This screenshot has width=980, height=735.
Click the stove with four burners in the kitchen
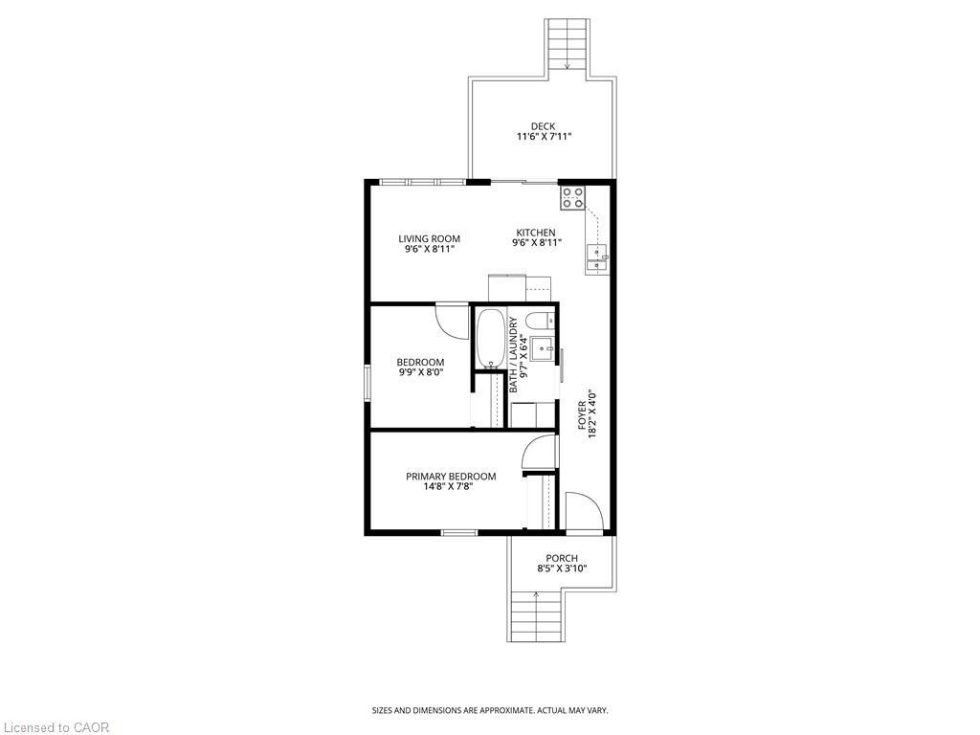572,198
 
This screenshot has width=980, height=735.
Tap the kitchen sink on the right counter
597,253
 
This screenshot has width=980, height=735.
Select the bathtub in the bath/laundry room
490,338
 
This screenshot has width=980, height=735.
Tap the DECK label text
543,126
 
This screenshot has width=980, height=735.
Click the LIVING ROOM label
429,238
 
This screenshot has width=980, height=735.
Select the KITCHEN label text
536,233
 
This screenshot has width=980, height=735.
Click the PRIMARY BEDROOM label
451,477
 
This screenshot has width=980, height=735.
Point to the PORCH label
562,558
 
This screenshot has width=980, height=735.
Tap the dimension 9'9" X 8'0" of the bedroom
420,371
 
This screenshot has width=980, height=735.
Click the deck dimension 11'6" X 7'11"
544,137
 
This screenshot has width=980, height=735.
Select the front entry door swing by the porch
583,512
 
